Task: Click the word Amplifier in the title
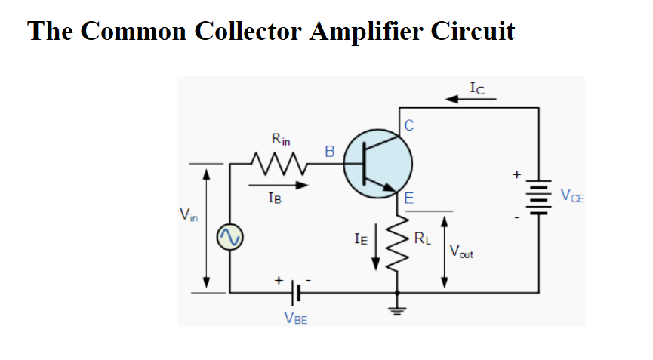pyautogui.click(x=365, y=31)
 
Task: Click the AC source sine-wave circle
pyautogui.click(x=229, y=238)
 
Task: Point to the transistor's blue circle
pyautogui.click(x=377, y=162)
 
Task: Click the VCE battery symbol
pyautogui.click(x=539, y=198)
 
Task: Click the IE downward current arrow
pyautogui.click(x=376, y=254)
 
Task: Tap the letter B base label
pyautogui.click(x=329, y=151)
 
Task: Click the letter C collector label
pyautogui.click(x=408, y=125)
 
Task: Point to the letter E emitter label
pyautogui.click(x=408, y=200)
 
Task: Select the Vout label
pyautogui.click(x=460, y=252)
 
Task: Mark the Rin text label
pyautogui.click(x=280, y=139)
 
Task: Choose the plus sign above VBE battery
pyautogui.click(x=279, y=280)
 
